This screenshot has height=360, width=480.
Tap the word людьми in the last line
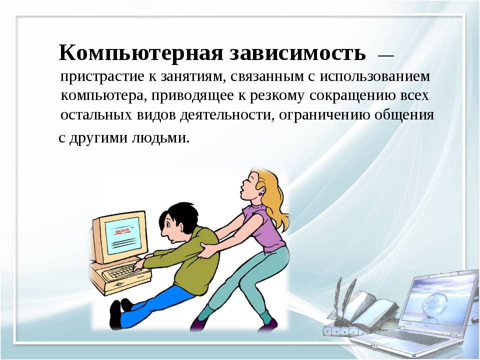tap(160, 137)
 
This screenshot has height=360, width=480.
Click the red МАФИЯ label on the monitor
tap(122, 231)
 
